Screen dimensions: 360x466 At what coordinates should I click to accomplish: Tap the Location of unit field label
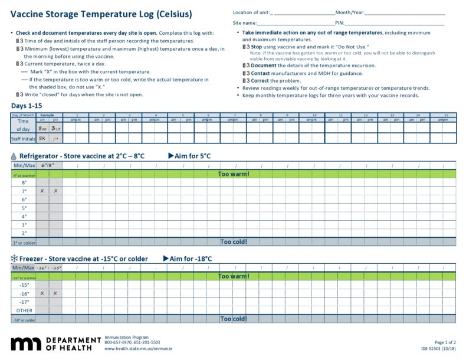[x=252, y=12]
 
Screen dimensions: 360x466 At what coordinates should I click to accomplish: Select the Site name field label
[x=244, y=22]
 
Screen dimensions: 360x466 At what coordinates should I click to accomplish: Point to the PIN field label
[x=339, y=22]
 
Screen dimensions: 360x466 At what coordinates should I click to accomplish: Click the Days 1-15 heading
[x=27, y=106]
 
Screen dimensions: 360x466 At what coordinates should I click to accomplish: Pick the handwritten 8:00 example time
[x=42, y=127]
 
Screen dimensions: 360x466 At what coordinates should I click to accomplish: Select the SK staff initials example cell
[x=42, y=139]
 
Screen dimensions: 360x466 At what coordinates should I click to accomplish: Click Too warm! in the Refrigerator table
[x=234, y=174]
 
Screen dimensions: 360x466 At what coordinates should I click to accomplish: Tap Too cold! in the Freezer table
[x=234, y=319]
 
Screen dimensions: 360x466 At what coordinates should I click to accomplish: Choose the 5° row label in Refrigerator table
[x=24, y=208]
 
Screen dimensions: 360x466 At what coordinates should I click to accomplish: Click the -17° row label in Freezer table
[x=24, y=302]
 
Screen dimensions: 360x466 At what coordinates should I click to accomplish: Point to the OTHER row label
[x=24, y=310]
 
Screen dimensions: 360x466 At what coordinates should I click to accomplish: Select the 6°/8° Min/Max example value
[x=48, y=165]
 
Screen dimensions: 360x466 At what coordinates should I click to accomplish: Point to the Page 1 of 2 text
[x=445, y=342]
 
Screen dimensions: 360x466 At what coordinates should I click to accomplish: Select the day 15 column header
[x=446, y=115]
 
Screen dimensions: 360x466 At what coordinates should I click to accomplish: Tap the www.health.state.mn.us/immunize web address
[x=133, y=348]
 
